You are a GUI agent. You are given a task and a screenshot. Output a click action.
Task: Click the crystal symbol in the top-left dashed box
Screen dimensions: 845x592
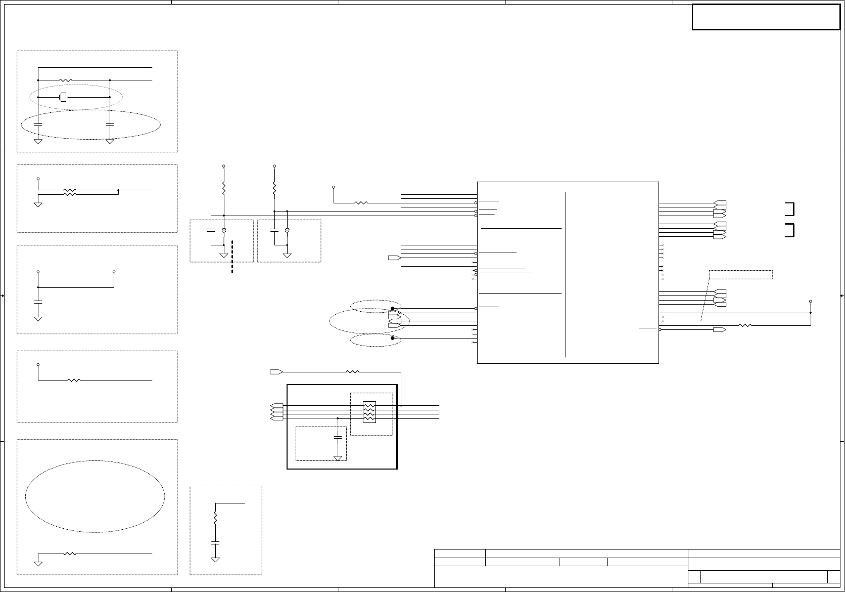pos(63,97)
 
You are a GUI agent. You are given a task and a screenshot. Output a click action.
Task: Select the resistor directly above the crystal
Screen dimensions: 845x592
pos(66,80)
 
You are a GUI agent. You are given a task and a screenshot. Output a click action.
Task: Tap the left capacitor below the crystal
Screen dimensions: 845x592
pos(38,124)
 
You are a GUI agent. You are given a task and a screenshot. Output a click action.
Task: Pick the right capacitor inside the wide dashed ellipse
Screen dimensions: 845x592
pos(110,124)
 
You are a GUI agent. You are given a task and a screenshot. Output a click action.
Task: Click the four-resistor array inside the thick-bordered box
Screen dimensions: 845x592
pos(369,412)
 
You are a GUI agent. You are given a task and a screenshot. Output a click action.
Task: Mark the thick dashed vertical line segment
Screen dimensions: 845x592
pos(232,257)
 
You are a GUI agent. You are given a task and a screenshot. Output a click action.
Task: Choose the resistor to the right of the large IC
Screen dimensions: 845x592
pos(745,325)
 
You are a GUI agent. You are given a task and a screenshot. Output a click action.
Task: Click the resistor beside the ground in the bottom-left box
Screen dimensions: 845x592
pos(70,554)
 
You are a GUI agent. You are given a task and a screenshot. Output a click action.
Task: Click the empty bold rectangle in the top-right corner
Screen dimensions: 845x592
pos(766,17)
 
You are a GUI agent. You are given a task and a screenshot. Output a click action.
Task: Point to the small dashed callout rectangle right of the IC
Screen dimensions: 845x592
pos(740,275)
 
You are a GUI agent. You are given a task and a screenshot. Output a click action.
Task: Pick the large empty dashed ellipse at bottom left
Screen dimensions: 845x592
pos(95,496)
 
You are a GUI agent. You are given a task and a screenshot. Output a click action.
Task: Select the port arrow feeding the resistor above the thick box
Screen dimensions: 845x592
pos(276,372)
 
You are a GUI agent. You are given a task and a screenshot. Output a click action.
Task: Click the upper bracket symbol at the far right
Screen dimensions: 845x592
pos(790,208)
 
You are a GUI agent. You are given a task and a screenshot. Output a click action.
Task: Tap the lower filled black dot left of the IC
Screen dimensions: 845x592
pos(392,338)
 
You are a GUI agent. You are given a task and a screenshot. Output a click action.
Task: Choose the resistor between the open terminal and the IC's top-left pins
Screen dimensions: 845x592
pos(361,203)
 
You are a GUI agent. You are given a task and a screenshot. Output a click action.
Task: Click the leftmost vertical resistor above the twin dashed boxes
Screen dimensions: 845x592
pos(224,188)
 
